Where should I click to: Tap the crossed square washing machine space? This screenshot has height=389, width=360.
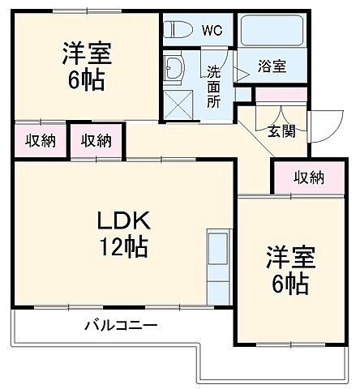[175, 104]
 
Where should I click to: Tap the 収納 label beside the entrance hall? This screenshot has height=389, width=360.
[307, 176]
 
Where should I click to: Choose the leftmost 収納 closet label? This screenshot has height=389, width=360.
[38, 140]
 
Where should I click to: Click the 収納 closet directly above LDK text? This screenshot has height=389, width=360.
[96, 140]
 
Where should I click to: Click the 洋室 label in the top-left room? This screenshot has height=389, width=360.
[86, 55]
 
